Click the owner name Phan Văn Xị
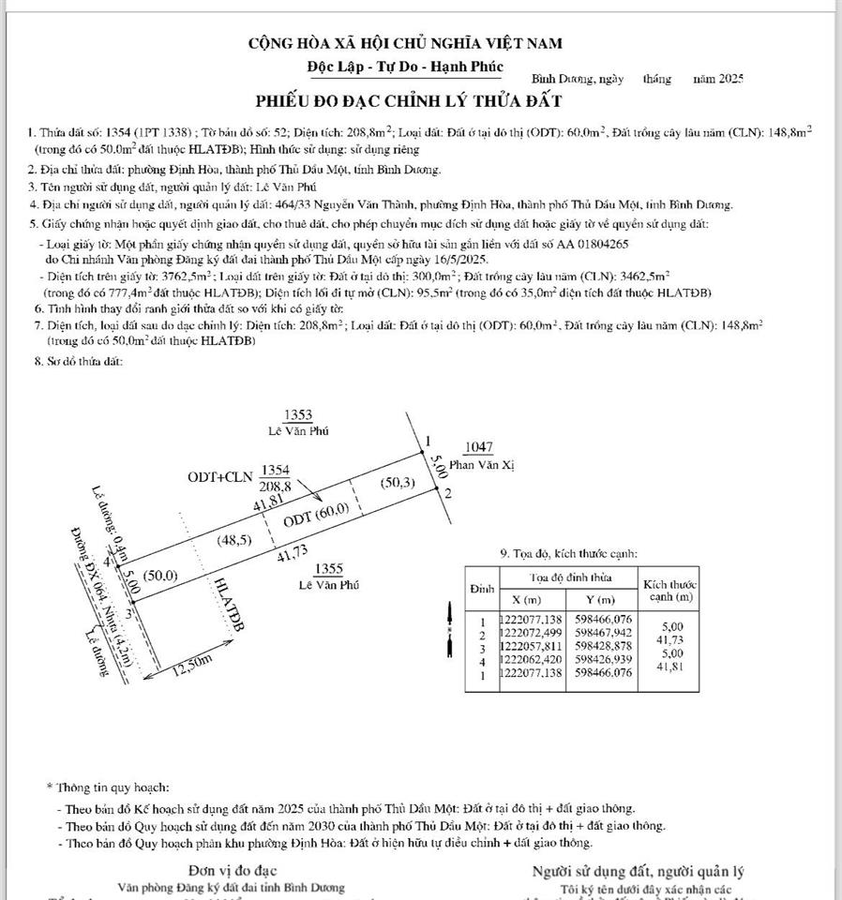(482, 464)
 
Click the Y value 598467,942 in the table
(604, 634)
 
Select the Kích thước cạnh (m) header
(669, 591)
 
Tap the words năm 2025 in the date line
(718, 81)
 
